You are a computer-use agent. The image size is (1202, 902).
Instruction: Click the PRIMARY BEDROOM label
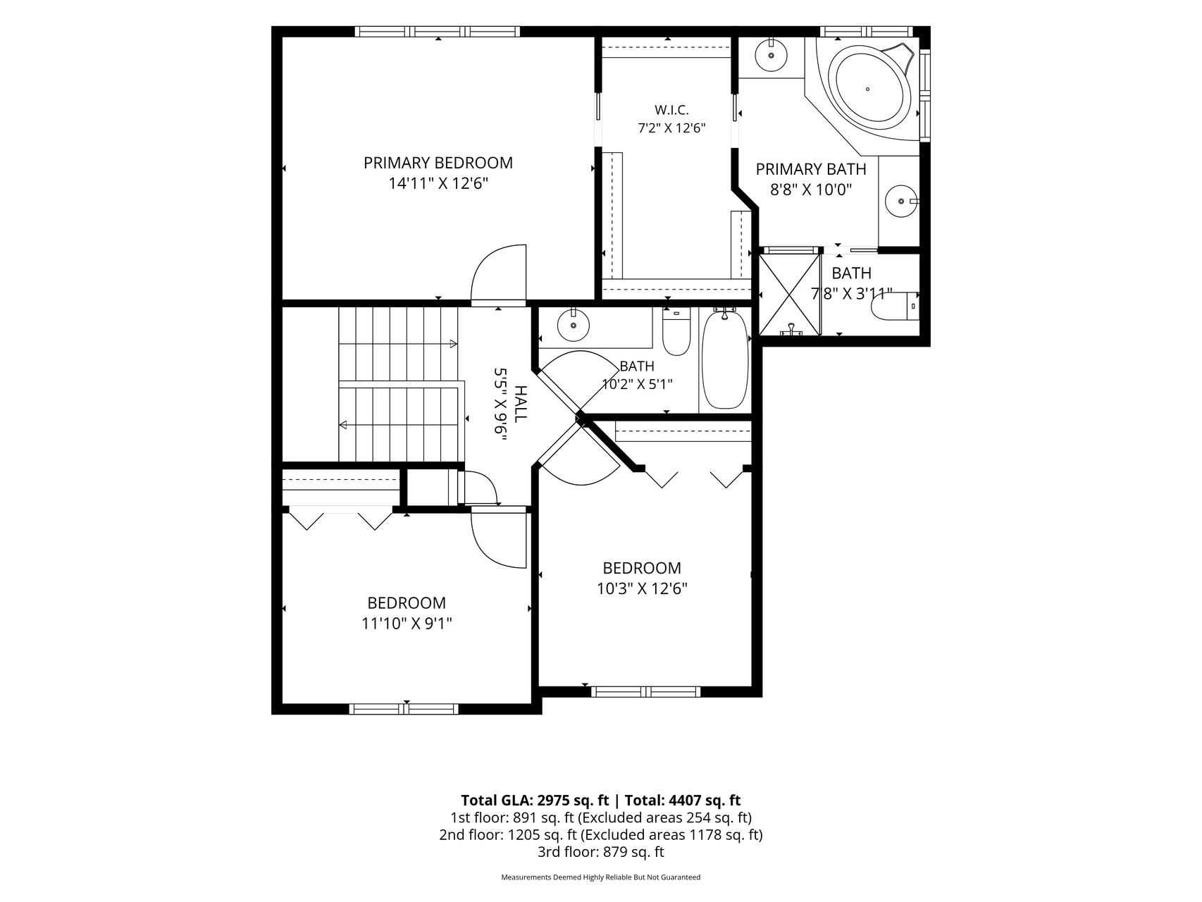pyautogui.click(x=438, y=163)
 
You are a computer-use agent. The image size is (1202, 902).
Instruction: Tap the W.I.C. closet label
pyautogui.click(x=671, y=110)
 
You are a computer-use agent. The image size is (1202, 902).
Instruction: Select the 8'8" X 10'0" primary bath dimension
pyautogui.click(x=811, y=190)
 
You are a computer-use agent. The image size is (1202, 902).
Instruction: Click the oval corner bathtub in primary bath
pyautogui.click(x=868, y=89)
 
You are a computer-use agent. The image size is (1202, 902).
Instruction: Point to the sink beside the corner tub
pyautogui.click(x=771, y=54)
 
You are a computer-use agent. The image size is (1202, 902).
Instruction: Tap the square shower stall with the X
pyautogui.click(x=790, y=295)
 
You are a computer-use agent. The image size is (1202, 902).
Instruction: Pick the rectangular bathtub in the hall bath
pyautogui.click(x=725, y=359)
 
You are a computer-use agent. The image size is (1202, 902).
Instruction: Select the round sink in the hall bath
pyautogui.click(x=573, y=326)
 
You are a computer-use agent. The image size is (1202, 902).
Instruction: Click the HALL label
pyautogui.click(x=520, y=404)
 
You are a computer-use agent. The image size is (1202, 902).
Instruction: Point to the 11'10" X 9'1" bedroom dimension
pyautogui.click(x=407, y=624)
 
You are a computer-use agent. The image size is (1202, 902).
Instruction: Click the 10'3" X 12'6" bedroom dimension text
pyautogui.click(x=642, y=588)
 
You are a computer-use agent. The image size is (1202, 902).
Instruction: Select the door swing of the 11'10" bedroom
pyautogui.click(x=499, y=540)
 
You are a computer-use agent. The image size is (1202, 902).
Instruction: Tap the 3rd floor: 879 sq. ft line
pyautogui.click(x=601, y=852)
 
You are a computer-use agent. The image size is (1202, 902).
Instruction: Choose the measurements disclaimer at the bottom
pyautogui.click(x=601, y=877)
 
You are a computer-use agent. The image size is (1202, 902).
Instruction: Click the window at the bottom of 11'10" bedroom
pyautogui.click(x=404, y=709)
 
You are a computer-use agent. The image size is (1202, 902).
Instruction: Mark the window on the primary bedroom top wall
pyautogui.click(x=438, y=31)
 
